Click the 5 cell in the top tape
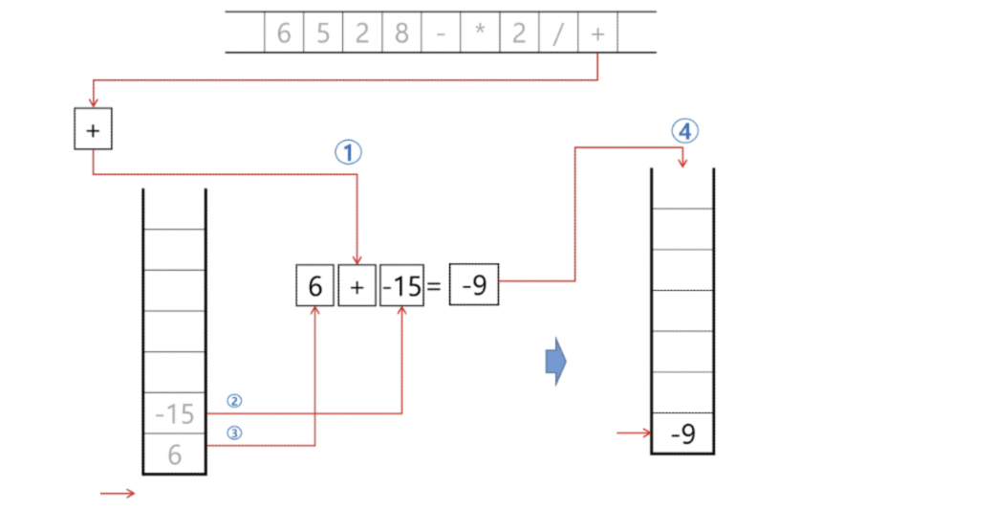[x=323, y=33]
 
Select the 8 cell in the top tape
[x=401, y=33]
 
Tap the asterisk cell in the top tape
[x=479, y=33]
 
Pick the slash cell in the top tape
[x=557, y=33]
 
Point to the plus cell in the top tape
[x=597, y=33]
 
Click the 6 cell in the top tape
[x=284, y=33]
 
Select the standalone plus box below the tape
[x=93, y=131]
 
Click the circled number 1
[x=347, y=152]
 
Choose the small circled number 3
[x=234, y=432]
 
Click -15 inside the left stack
[x=174, y=414]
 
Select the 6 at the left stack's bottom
[x=174, y=455]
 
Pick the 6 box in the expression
[x=314, y=286]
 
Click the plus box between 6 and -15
[x=357, y=286]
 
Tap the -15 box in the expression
[x=401, y=286]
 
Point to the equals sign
[x=434, y=286]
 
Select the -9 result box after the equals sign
[x=474, y=286]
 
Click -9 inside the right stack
[x=682, y=434]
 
